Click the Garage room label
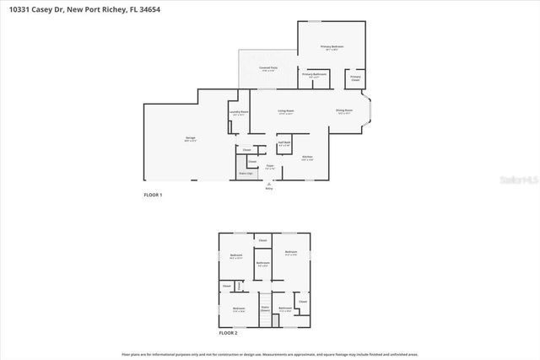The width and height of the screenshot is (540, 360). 190,140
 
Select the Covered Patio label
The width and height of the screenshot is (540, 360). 268,70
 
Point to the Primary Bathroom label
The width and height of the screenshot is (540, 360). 313,75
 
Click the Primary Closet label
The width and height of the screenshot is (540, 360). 355,78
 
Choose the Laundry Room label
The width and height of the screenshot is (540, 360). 239,113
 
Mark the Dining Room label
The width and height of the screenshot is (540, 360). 344,111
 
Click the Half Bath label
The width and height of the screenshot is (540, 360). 284,143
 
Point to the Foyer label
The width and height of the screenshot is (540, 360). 269,167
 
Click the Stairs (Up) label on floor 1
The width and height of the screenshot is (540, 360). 245,173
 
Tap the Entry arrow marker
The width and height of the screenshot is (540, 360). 269,185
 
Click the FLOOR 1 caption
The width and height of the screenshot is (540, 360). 153,195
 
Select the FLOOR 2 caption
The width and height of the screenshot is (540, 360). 229,334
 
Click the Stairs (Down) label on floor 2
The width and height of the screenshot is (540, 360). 264,309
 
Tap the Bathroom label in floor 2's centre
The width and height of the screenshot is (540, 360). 263,263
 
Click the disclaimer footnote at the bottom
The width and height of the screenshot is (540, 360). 269,353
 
